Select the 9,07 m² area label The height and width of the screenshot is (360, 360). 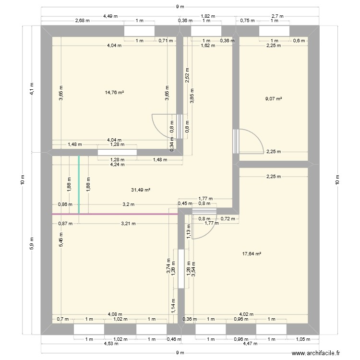click(x=274, y=99)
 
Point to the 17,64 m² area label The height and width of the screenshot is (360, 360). click(x=252, y=254)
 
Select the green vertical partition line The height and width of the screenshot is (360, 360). click(x=79, y=184)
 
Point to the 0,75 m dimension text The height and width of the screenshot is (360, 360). click(x=247, y=20)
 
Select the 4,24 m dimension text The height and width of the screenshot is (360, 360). click(x=117, y=164)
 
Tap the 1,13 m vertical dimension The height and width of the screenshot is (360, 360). click(x=188, y=231)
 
